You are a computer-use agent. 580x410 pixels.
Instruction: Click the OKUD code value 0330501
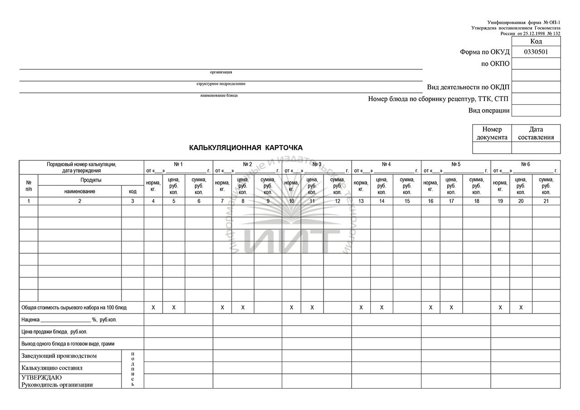coord(536,52)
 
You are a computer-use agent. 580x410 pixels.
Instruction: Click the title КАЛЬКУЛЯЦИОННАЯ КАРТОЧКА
coord(246,148)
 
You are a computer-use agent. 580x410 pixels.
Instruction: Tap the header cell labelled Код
coord(536,41)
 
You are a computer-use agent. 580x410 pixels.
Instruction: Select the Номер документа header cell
coord(492,133)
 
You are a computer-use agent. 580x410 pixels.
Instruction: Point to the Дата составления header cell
coord(536,133)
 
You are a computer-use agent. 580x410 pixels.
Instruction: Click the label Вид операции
coord(489,110)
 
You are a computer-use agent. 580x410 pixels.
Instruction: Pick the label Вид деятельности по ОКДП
coord(468,87)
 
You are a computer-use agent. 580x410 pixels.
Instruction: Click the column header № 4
coord(386,164)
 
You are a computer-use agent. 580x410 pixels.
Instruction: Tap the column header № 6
coord(525,164)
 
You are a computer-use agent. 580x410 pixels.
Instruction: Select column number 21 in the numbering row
coord(546,201)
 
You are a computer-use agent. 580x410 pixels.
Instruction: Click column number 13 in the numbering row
coord(361,201)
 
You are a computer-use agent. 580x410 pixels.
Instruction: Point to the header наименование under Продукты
coord(80,191)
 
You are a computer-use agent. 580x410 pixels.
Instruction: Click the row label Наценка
coord(30,319)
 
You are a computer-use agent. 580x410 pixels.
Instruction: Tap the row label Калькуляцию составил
coord(52,368)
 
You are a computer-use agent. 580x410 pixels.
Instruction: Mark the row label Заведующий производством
coord(59,356)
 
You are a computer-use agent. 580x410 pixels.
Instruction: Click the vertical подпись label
coord(133,369)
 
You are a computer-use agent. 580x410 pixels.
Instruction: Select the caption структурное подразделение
coord(221,84)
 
